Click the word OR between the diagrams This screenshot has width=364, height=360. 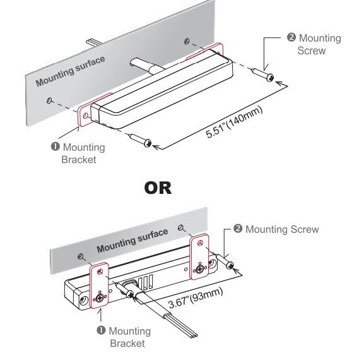(x=158, y=188)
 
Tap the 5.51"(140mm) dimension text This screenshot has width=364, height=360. (x=234, y=123)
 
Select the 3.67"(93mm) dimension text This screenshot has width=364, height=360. (x=196, y=298)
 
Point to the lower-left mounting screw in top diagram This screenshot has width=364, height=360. (x=141, y=140)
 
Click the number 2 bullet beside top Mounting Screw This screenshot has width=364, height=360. (x=291, y=37)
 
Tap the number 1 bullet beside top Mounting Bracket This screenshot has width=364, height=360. (x=56, y=147)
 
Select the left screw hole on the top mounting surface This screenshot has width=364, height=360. (x=49, y=100)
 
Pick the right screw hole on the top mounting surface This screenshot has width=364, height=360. (x=187, y=42)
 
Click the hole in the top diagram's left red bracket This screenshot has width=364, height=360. (x=86, y=116)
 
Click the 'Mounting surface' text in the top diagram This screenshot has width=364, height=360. (x=70, y=71)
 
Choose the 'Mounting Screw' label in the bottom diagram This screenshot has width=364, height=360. (x=282, y=229)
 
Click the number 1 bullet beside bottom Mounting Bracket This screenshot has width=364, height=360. (x=101, y=330)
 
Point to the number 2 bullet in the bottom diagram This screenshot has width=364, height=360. (x=238, y=229)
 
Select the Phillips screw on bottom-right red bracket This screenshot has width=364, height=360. (x=200, y=269)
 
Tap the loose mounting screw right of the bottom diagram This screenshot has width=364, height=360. (x=225, y=261)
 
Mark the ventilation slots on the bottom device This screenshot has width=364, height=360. (x=146, y=282)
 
